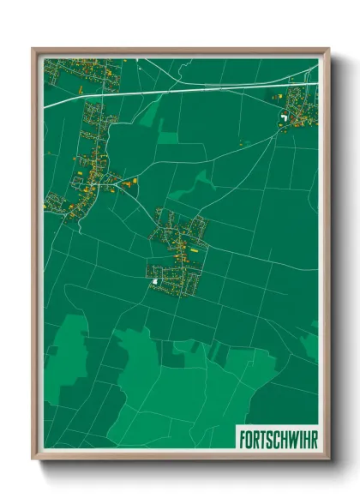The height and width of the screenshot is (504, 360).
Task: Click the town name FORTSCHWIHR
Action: click(276, 436)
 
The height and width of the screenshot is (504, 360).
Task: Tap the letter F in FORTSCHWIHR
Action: click(243, 436)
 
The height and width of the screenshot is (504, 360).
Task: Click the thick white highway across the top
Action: click(171, 91)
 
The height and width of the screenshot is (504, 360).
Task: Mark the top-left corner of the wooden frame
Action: click(33, 49)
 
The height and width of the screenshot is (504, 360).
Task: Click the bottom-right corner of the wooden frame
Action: click(328, 459)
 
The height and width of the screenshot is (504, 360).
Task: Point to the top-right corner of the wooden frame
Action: click(328, 49)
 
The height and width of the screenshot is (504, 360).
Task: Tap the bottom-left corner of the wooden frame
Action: click(33, 459)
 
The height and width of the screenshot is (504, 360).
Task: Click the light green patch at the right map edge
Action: click(310, 343)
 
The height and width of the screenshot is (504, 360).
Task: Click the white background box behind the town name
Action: click(276, 436)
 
